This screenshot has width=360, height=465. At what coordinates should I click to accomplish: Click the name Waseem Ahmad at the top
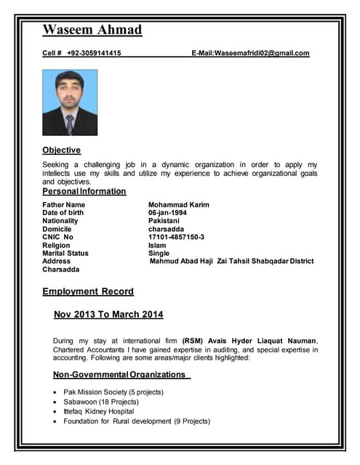pos(92,30)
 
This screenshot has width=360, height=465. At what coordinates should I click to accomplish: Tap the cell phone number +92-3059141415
pos(94,53)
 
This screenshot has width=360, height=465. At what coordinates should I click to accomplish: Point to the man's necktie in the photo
pos(70,124)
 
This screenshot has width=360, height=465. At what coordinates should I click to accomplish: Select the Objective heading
pos(61,150)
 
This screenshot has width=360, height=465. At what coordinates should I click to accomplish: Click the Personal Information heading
pos(84,191)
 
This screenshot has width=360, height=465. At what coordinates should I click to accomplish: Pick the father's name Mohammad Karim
pos(178,205)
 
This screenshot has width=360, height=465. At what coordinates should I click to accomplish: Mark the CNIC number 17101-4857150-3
pos(176,237)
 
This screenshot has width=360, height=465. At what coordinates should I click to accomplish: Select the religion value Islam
pos(157,246)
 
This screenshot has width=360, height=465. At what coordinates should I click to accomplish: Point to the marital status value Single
pos(159,254)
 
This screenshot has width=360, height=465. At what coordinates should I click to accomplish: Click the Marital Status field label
pos(65,254)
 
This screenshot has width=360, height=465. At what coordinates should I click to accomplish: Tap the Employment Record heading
pos(88,291)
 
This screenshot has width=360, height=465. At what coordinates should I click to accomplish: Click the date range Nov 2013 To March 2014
pos(108,315)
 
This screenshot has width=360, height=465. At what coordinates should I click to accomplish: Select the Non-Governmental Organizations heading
pos(120,375)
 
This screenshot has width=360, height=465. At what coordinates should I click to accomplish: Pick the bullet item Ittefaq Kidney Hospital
pos(98,411)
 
